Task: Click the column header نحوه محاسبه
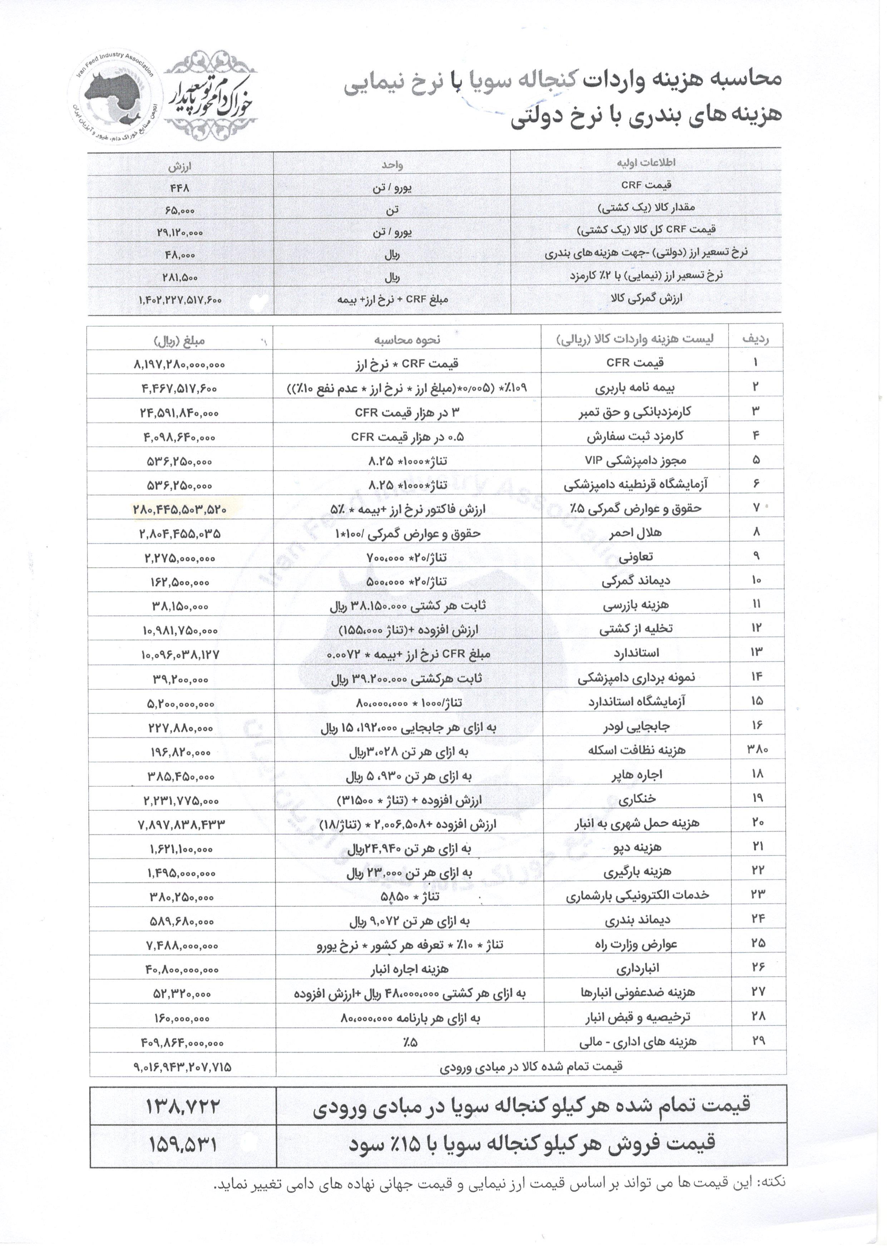pos(407,340)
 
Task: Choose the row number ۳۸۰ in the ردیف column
pos(757,750)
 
